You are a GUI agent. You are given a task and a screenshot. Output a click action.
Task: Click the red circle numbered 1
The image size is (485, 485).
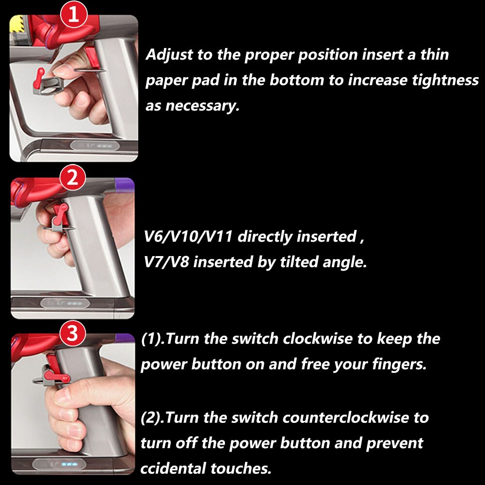click(x=74, y=14)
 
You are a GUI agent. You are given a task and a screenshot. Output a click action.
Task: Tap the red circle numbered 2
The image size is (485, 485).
click(x=73, y=178)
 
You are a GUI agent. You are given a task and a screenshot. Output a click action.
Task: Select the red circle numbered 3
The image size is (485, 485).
click(x=72, y=334)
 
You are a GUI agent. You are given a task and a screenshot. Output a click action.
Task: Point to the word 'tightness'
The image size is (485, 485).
click(x=445, y=81)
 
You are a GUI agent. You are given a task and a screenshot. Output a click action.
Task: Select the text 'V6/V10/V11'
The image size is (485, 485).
click(x=188, y=237)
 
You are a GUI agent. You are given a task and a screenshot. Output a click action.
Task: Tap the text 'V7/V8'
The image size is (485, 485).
click(x=166, y=262)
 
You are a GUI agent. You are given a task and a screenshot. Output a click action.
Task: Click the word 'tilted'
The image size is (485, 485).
click(x=299, y=262)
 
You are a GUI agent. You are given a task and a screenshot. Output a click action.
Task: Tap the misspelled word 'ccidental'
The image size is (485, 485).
click(x=173, y=469)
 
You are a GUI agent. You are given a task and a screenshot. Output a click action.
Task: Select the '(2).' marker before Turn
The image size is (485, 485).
click(x=152, y=418)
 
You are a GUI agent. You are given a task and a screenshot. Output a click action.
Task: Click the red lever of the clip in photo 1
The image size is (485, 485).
click(x=39, y=78)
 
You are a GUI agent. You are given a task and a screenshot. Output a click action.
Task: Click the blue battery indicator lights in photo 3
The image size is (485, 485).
click(x=69, y=464)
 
